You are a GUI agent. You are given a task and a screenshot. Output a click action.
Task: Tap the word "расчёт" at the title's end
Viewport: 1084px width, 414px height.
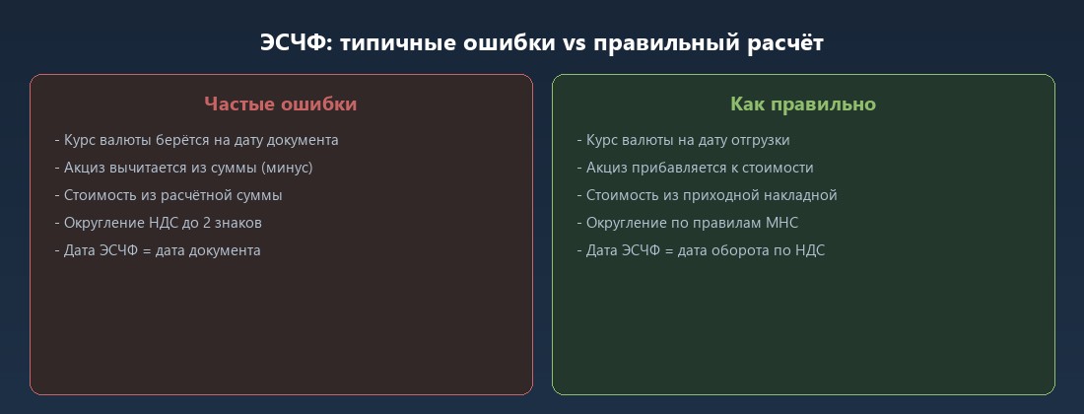[787, 44]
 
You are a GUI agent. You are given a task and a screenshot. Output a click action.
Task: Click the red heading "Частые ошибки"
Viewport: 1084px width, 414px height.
[281, 103]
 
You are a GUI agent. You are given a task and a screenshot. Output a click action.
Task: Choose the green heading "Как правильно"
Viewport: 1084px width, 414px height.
[803, 103]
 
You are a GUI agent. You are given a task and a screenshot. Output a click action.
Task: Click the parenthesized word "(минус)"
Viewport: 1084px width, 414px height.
[287, 168]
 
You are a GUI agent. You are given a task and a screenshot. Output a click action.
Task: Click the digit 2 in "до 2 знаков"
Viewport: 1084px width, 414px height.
[208, 223]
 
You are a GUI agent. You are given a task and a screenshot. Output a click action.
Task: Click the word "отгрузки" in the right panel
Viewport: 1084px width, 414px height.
[759, 140]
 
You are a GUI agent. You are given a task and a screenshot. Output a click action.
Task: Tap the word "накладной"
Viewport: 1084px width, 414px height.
[800, 195]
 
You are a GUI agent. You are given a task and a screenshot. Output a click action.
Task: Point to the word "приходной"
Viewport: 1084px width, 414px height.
[724, 195]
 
